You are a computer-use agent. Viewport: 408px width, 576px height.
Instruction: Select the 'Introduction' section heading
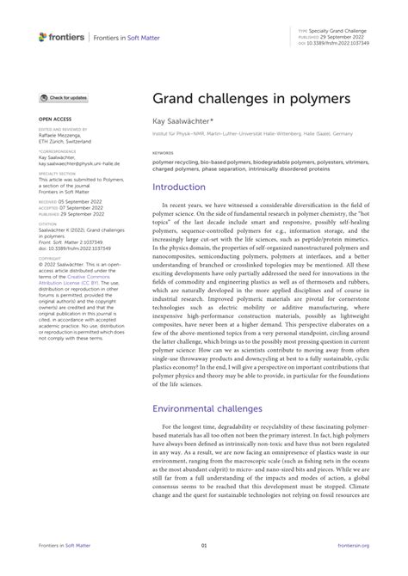pos(179,211)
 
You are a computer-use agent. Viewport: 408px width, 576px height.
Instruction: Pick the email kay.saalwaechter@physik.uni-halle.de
pos(79,162)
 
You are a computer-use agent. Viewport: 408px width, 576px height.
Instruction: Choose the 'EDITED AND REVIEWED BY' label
pos(61,129)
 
